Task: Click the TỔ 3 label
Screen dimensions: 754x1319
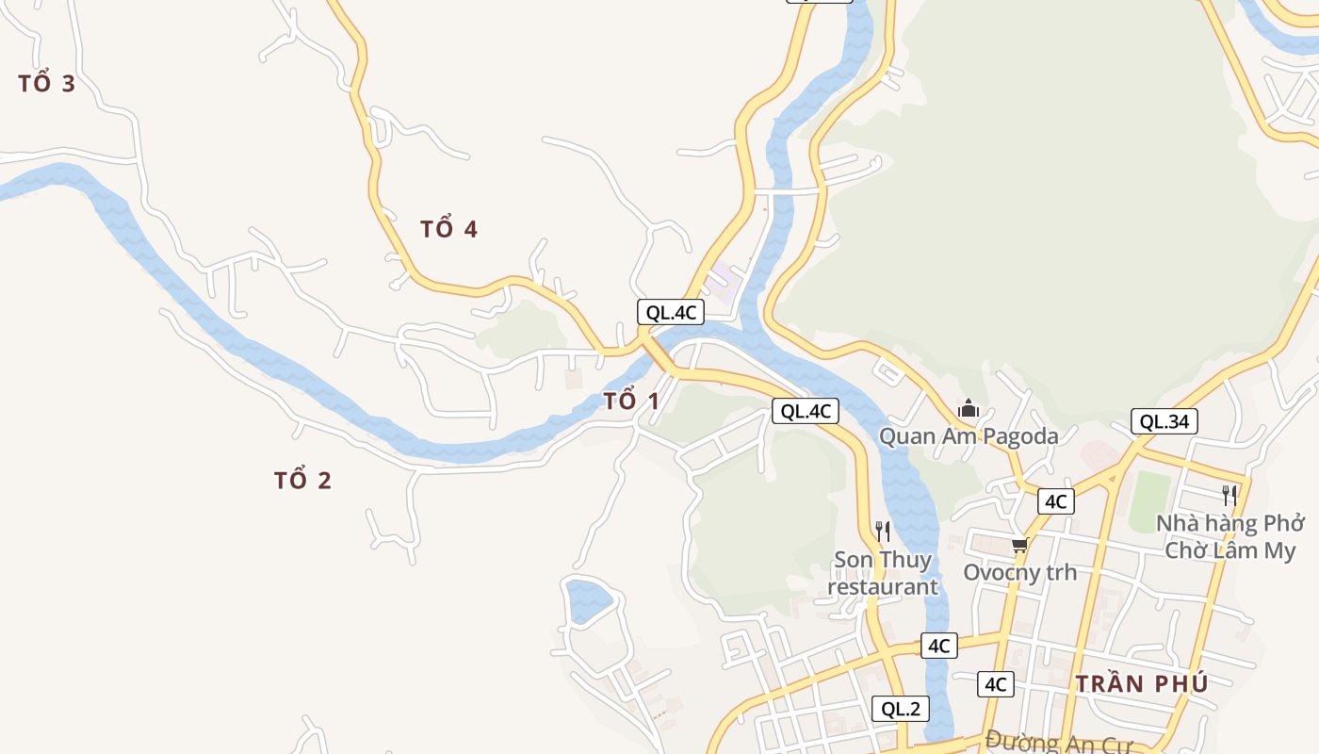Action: (x=46, y=84)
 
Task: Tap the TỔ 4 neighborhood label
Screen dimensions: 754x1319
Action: (x=448, y=229)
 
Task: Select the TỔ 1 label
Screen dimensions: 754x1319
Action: (x=631, y=401)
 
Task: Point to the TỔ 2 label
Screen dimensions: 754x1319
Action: (x=302, y=481)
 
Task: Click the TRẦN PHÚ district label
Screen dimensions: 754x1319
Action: (x=1142, y=684)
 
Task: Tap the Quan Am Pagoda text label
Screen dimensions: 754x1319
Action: (x=969, y=436)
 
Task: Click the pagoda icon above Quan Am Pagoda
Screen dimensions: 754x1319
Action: (x=969, y=409)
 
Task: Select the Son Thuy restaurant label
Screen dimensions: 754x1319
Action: (x=883, y=573)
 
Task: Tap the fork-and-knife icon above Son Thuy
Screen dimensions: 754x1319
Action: (x=883, y=532)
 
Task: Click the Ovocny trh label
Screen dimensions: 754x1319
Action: (x=1019, y=572)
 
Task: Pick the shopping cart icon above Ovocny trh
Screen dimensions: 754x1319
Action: (x=1019, y=546)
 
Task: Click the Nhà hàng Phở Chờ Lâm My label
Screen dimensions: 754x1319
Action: (x=1230, y=536)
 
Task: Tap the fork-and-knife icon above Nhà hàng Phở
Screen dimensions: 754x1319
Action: (x=1229, y=496)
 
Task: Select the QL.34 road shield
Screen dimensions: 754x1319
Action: (x=1164, y=421)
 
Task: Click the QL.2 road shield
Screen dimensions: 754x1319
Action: (x=901, y=709)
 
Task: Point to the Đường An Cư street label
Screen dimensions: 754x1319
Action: (x=1058, y=742)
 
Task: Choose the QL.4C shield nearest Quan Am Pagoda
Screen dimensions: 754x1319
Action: (x=806, y=411)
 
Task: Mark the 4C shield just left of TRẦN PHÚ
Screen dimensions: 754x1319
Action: (x=996, y=684)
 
